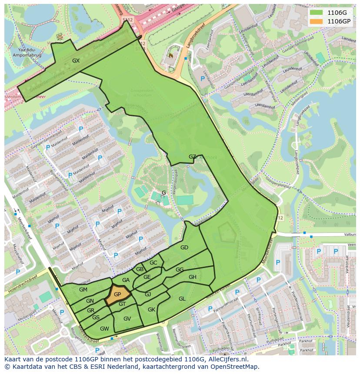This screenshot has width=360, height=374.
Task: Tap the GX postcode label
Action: pos(76,61)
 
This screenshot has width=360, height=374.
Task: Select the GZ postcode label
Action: pos(192,157)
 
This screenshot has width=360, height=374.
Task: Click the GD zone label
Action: pos(184,248)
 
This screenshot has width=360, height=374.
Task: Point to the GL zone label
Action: pos(182,298)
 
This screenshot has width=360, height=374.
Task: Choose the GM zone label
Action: pos(83,290)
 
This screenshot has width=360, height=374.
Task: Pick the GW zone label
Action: pos(104,328)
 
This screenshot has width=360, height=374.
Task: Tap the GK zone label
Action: pos(151,310)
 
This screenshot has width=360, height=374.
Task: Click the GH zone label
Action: pos(192,277)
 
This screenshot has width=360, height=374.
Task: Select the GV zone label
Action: pos(127,319)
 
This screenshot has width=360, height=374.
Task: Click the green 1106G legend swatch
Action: pos(316,12)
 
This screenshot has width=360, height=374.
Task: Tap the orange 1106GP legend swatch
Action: pos(316,21)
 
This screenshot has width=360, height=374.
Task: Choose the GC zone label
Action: pos(153,263)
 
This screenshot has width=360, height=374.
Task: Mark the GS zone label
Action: pos(96,318)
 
